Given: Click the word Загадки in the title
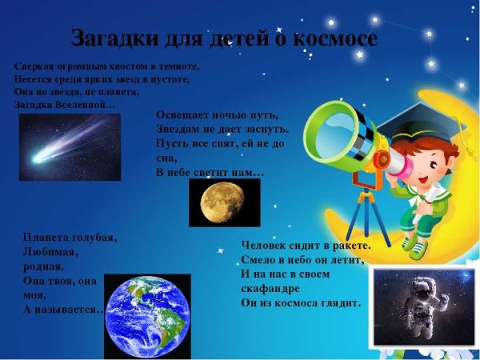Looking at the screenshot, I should [x=109, y=38].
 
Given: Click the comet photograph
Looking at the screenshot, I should [x=70, y=146].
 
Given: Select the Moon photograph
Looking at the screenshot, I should [x=224, y=202].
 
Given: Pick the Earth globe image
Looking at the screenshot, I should [x=147, y=316].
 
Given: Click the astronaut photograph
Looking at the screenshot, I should [x=413, y=307].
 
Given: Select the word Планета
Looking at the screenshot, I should [x=47, y=238].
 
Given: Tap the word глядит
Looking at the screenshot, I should [x=343, y=303].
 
